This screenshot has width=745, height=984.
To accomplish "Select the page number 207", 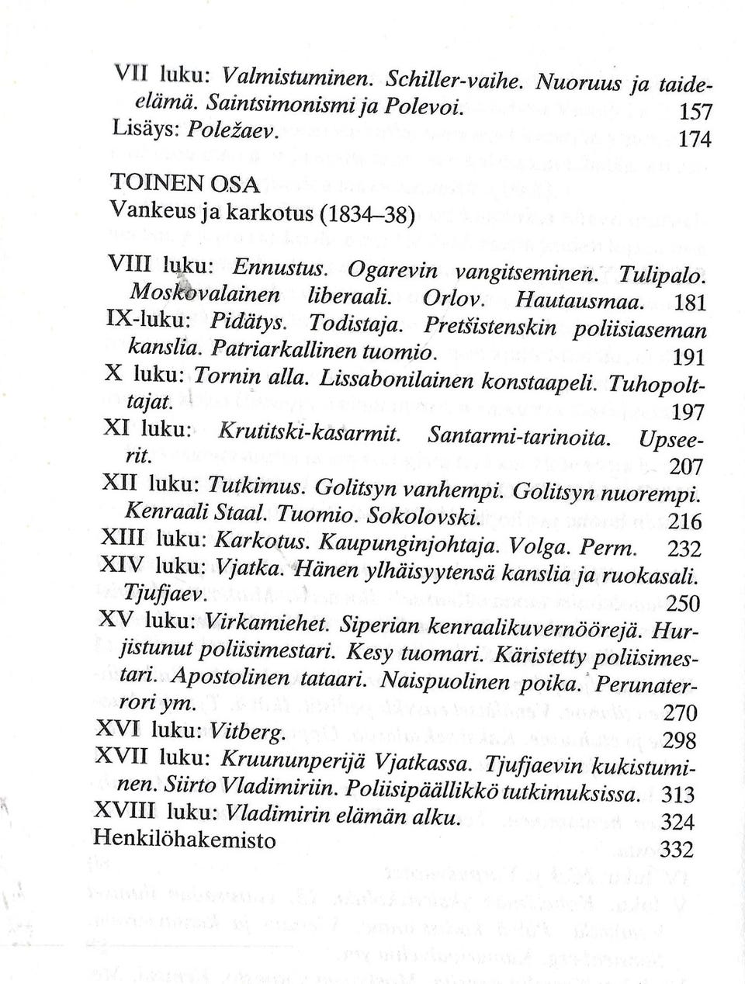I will [685, 466].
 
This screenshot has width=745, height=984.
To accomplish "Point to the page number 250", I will [684, 603].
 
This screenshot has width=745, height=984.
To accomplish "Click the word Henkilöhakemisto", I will [184, 839].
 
